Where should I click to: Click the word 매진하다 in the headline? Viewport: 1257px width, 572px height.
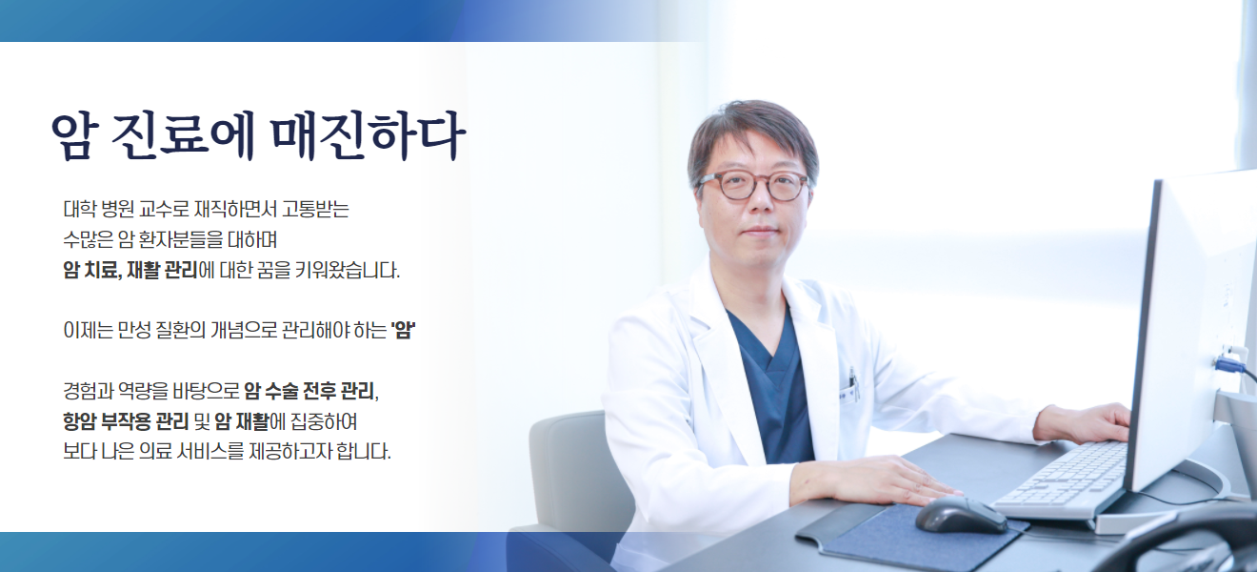(x=369, y=135)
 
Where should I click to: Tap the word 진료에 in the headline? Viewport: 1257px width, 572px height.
(x=183, y=135)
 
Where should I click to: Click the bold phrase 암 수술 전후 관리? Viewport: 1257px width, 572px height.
(x=309, y=391)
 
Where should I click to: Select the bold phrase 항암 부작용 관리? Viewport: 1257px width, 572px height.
(x=126, y=421)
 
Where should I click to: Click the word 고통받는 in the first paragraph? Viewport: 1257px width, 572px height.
(x=315, y=210)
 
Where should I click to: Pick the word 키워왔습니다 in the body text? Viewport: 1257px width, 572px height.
(x=347, y=270)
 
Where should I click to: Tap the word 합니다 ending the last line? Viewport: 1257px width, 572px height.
(x=364, y=451)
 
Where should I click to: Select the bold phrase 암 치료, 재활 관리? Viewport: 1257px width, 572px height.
(x=130, y=270)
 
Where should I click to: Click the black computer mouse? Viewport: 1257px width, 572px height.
(x=961, y=514)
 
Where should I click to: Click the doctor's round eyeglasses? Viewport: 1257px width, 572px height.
(x=753, y=185)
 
